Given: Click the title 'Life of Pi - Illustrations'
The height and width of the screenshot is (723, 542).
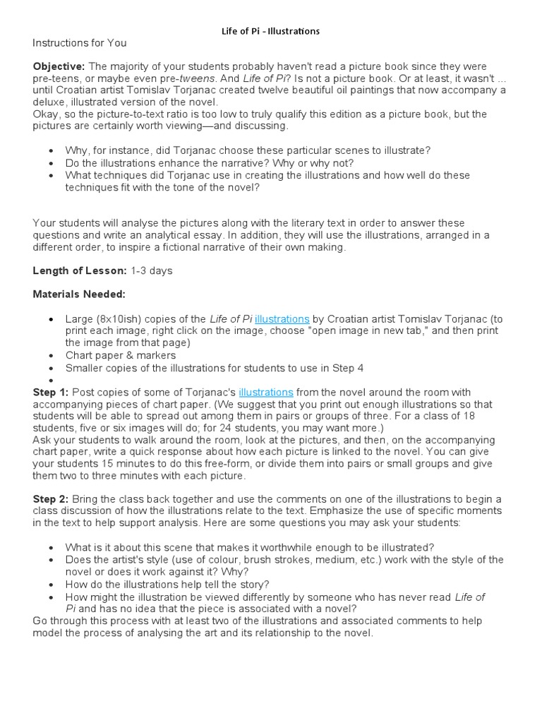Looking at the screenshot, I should (x=271, y=31).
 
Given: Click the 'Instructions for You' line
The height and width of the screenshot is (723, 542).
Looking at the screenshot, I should (x=79, y=43).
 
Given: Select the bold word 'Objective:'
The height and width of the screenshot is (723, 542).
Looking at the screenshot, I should (x=59, y=66).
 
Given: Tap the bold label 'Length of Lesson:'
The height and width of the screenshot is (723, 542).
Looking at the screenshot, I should (x=80, y=270).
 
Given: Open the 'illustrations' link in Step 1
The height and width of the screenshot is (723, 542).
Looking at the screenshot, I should (x=265, y=392).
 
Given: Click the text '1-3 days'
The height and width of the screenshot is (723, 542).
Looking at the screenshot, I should (x=151, y=270).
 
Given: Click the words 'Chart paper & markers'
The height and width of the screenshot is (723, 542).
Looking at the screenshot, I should (x=121, y=355).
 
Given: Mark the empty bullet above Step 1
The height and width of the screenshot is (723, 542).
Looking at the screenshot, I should (x=52, y=380).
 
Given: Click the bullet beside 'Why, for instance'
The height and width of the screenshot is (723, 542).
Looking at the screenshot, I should (x=52, y=151).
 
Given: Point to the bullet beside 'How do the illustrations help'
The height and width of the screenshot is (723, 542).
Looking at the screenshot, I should (x=52, y=585).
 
